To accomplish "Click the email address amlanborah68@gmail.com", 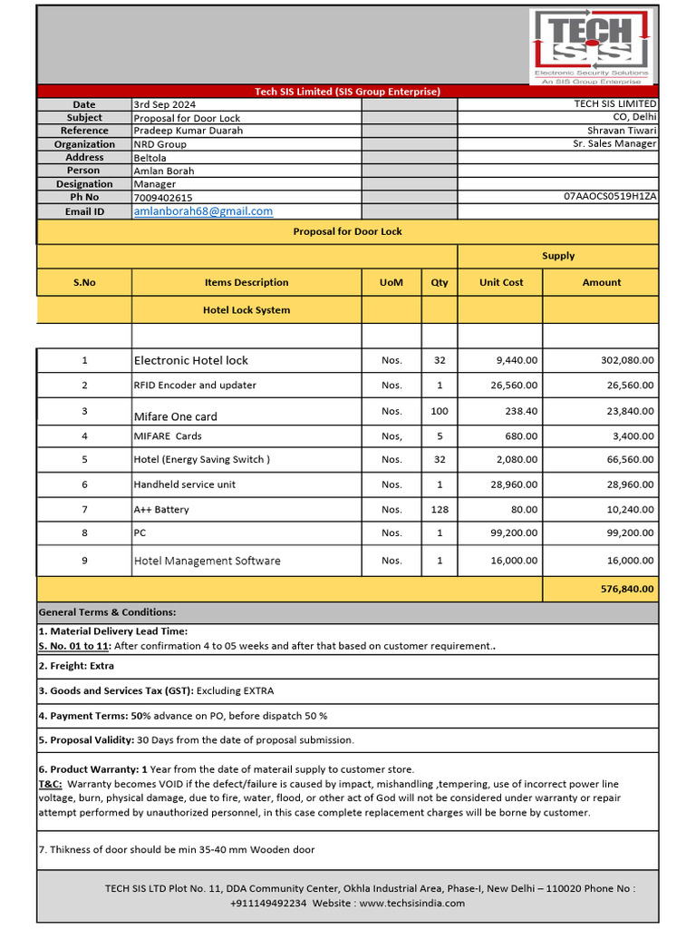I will click(x=203, y=211).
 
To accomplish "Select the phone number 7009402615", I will click(x=162, y=198).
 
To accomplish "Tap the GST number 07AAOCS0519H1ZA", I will click(x=610, y=196).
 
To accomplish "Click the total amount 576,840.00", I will click(x=626, y=589).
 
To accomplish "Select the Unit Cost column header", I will click(x=501, y=282).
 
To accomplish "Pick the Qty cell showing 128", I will click(x=440, y=510).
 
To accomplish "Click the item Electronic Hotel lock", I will click(x=190, y=360).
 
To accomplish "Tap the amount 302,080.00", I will click(x=626, y=360).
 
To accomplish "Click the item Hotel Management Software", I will click(x=207, y=561).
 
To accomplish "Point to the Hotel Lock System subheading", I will click(x=246, y=310).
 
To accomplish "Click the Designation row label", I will click(x=84, y=184).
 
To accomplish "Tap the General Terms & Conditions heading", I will click(x=107, y=612).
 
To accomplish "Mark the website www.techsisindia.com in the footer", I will click(x=411, y=904).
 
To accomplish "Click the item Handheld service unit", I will click(x=184, y=484).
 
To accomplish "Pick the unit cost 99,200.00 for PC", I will click(x=514, y=533).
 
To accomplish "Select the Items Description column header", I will click(x=246, y=282).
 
